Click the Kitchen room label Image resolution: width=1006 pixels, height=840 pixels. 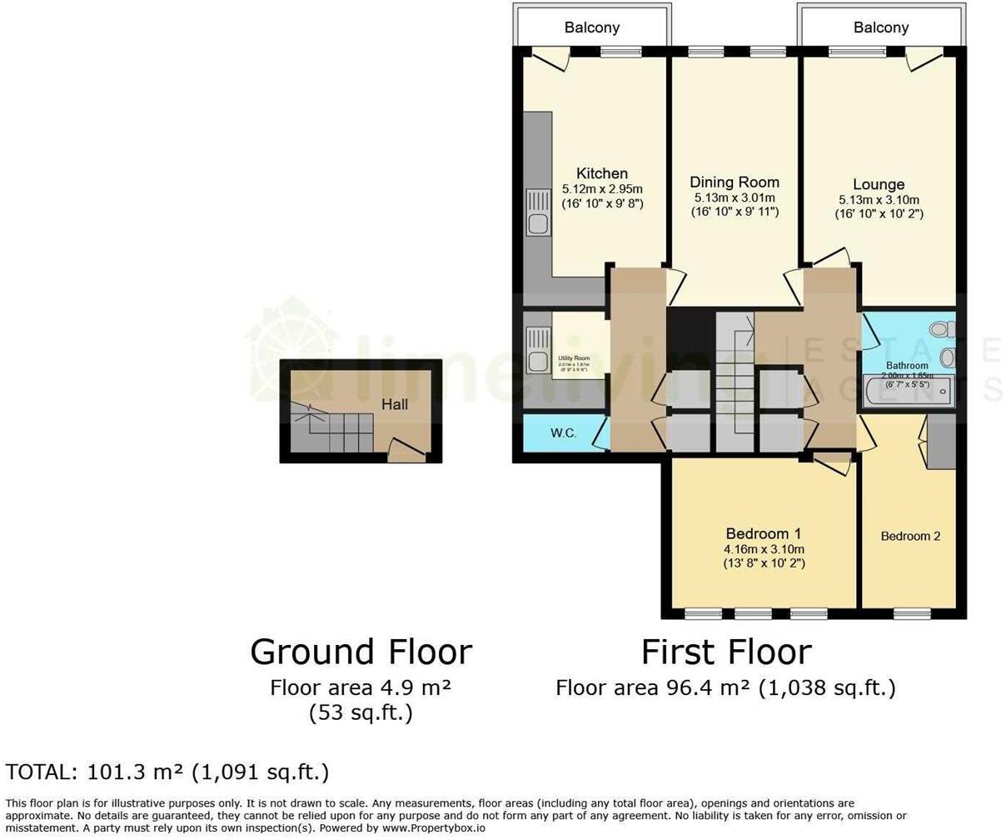[602, 173]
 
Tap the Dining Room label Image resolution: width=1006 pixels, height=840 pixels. [735, 182]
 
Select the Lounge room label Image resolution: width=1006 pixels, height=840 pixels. [879, 184]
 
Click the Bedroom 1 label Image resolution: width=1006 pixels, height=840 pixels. [764, 533]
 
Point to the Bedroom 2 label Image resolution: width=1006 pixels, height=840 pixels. [910, 536]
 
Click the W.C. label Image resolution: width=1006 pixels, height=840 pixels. [564, 433]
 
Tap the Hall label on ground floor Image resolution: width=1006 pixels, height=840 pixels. [395, 404]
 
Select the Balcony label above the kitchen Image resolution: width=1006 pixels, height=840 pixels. [592, 27]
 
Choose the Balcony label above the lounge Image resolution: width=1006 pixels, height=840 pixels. [880, 27]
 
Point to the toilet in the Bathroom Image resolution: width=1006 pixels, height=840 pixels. [943, 329]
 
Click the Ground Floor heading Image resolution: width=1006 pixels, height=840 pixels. [361, 652]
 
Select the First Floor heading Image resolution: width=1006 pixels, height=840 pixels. [725, 652]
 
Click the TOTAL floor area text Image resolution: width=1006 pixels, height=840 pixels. [167, 772]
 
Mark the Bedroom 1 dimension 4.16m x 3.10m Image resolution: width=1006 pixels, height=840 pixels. [764, 549]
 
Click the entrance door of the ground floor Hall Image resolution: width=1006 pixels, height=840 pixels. [406, 452]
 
